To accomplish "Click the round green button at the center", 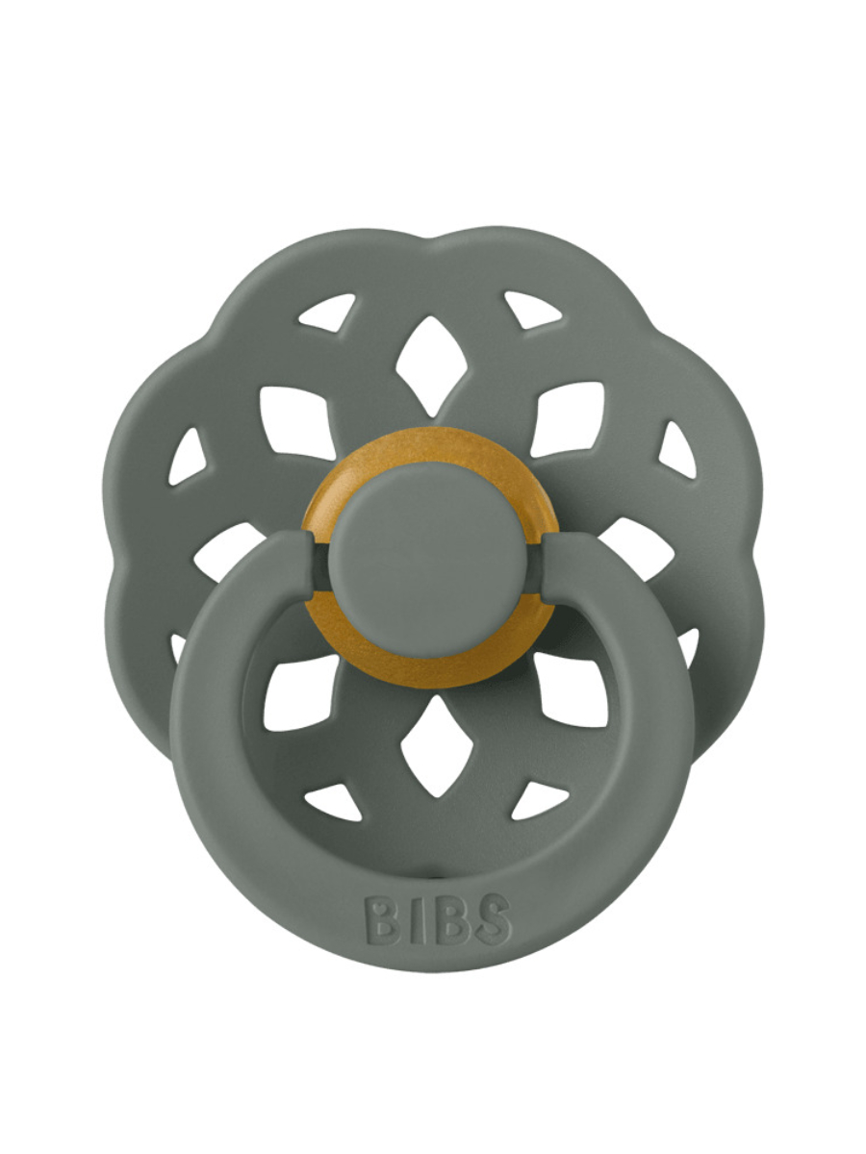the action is pyautogui.click(x=429, y=561).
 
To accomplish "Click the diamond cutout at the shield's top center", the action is pyautogui.click(x=431, y=366).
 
